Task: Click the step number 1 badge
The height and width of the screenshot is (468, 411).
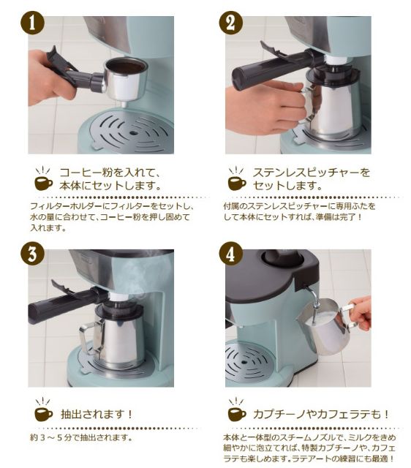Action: tap(32, 23)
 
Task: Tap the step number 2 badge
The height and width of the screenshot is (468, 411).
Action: tap(230, 23)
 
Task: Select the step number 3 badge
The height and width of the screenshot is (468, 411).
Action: tap(32, 254)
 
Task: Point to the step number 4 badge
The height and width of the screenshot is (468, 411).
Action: tap(230, 254)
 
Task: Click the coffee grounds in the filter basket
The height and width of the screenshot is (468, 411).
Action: tap(127, 67)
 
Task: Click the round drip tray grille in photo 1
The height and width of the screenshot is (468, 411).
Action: tap(132, 133)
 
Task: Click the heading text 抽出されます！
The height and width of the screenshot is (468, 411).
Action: tap(96, 415)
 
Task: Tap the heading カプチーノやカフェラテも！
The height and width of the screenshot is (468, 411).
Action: tap(321, 415)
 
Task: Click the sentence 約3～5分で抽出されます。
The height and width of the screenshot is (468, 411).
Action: tap(81, 437)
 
